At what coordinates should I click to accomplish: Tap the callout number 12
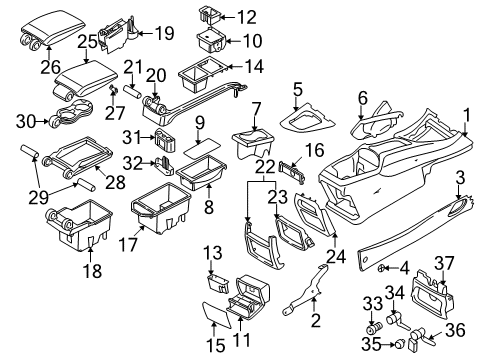[245, 17]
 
